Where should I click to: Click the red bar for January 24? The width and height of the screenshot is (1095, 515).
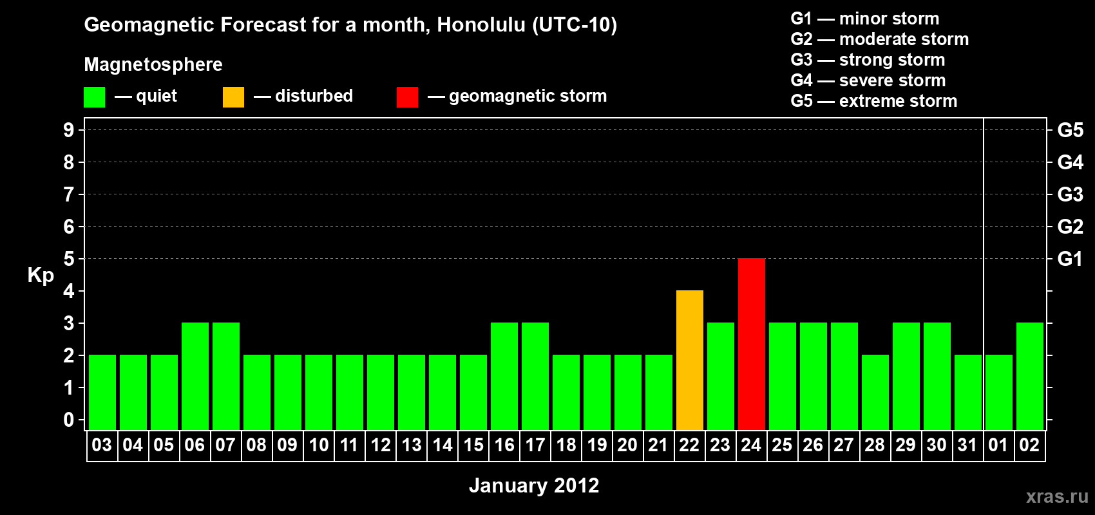(x=751, y=344)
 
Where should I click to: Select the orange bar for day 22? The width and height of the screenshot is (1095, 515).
(x=690, y=360)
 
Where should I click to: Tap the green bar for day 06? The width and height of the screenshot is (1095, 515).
(x=195, y=376)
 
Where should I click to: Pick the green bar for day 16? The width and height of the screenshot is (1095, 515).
(x=504, y=376)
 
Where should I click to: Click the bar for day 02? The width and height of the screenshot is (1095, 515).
(x=1029, y=376)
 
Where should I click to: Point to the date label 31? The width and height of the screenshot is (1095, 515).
(x=967, y=445)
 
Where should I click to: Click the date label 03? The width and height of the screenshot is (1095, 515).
(x=102, y=445)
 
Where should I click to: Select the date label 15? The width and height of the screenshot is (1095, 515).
(x=473, y=445)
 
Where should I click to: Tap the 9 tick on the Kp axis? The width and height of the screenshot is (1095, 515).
(x=68, y=130)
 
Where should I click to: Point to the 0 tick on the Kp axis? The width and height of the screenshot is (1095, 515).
(x=68, y=420)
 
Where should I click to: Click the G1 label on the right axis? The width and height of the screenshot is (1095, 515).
(x=1070, y=259)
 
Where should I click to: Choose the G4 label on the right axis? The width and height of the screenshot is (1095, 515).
(x=1070, y=162)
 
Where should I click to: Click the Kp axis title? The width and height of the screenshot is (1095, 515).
(x=41, y=276)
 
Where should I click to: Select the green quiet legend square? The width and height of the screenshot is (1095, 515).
(x=94, y=97)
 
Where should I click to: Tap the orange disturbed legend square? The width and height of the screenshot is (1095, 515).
(x=233, y=97)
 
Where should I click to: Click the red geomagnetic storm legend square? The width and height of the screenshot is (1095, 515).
(x=407, y=97)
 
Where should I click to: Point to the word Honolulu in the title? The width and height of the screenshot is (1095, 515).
(x=481, y=24)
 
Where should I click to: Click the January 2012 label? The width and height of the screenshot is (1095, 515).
(x=534, y=485)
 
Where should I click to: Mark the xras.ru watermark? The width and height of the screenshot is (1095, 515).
(x=1058, y=497)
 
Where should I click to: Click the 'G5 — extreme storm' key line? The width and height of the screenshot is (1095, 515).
(x=874, y=101)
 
